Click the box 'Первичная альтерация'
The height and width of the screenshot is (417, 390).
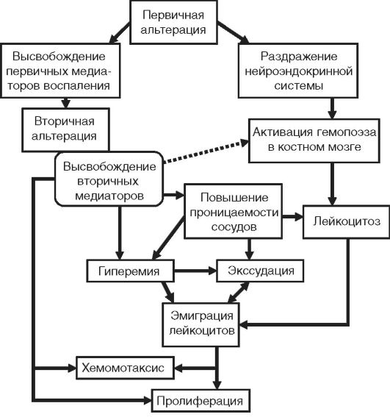[x=173, y=22]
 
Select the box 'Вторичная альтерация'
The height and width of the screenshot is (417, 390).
[x=65, y=129]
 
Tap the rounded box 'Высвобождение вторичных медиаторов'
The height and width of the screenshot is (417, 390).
[x=109, y=179]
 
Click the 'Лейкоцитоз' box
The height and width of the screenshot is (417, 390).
[x=347, y=221]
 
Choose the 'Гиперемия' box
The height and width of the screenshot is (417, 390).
[x=131, y=271]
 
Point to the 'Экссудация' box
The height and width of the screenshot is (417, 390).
[x=260, y=271]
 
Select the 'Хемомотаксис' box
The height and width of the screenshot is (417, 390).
[x=125, y=368]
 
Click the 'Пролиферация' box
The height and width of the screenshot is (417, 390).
[x=201, y=401]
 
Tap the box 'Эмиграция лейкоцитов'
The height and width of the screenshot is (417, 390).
[x=201, y=324]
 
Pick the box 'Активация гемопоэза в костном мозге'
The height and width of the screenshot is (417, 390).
[x=314, y=140]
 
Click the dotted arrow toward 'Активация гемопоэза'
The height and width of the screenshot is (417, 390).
[x=206, y=152]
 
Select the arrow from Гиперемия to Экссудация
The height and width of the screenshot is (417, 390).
[x=195, y=271]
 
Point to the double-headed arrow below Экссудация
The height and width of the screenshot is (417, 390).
[x=238, y=292]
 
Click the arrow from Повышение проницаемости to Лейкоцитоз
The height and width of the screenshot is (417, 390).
[x=292, y=217]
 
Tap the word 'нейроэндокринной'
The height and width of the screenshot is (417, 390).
[x=299, y=71]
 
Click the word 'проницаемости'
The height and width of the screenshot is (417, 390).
[x=234, y=213]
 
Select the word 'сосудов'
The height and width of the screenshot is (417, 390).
[x=234, y=227]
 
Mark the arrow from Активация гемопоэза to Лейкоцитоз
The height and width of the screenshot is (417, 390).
[x=332, y=184]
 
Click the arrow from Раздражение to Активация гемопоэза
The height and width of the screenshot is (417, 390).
[x=332, y=108]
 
